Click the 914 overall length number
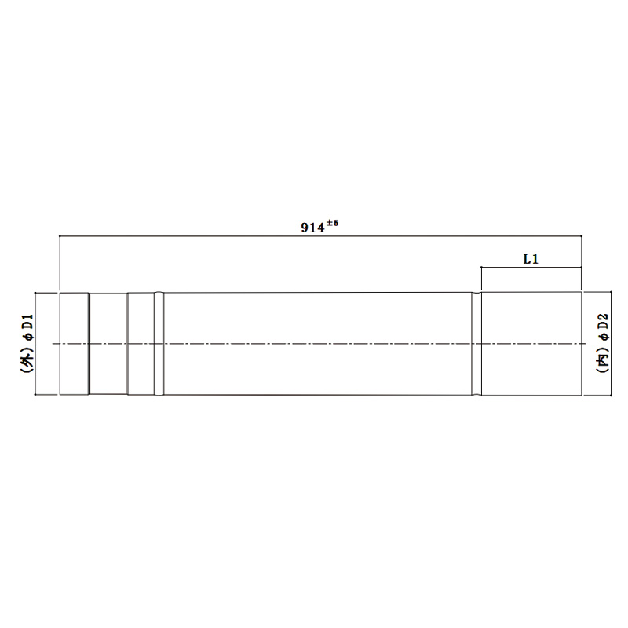click(312, 228)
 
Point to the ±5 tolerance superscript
click(331, 223)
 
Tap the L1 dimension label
click(531, 259)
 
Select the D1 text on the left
click(28, 323)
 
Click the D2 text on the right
click(604, 322)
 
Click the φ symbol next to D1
click(29, 338)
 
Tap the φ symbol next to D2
click(604, 337)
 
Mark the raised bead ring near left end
click(159, 344)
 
